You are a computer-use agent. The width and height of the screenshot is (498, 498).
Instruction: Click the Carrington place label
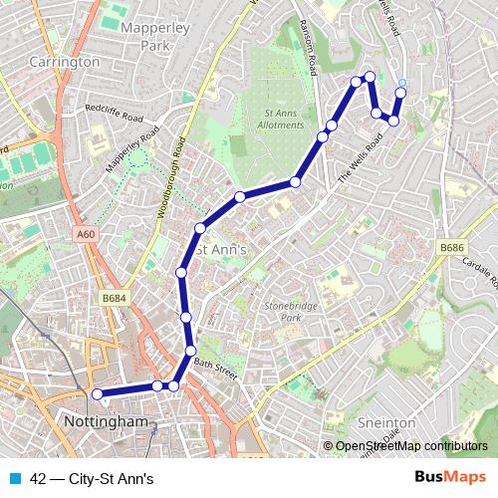65,61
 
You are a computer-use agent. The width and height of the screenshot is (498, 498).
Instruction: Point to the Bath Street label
216,369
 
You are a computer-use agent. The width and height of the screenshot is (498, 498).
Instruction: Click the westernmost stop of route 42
98,394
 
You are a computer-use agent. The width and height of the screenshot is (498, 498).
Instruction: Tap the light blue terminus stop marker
401,83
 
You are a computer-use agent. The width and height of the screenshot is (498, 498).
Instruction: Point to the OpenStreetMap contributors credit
411,446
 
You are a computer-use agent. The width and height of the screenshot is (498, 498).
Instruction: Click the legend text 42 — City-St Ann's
92,477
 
